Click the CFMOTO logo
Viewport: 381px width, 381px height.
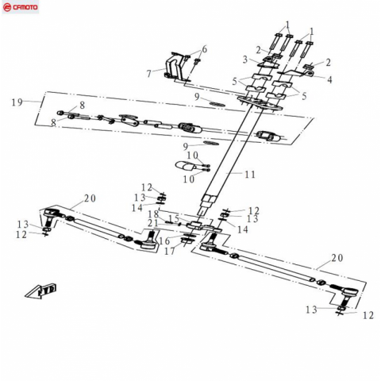pyautogui.click(x=21, y=7)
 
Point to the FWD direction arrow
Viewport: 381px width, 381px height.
pyautogui.click(x=41, y=291)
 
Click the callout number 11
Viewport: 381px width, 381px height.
pyautogui.click(x=250, y=175)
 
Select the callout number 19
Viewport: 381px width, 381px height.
pyautogui.click(x=17, y=102)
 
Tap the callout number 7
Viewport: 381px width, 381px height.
pyautogui.click(x=149, y=74)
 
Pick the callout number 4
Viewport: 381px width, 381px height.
pyautogui.click(x=329, y=79)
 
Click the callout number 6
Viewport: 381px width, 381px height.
pyautogui.click(x=204, y=49)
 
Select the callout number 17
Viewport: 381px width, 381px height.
pyautogui.click(x=170, y=251)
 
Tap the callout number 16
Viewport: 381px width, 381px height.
pyautogui.click(x=164, y=241)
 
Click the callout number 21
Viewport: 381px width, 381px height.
pyautogui.click(x=153, y=223)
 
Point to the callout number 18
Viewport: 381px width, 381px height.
pyautogui.click(x=153, y=214)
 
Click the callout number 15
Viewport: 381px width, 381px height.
pyautogui.click(x=174, y=218)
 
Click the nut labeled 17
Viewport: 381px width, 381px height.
pyautogui.click(x=187, y=241)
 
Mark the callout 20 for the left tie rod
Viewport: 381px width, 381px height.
pyautogui.click(x=90, y=198)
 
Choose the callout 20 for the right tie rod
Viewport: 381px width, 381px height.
pyautogui.click(x=337, y=258)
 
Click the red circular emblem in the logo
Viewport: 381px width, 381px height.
pyautogui.click(x=7, y=8)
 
